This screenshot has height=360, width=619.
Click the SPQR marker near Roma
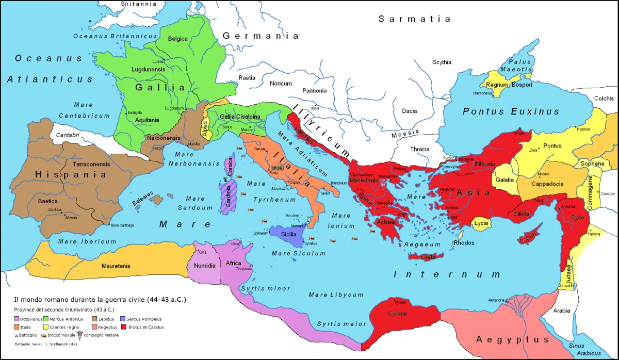click(276, 168)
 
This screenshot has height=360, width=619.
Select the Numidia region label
click(205, 266)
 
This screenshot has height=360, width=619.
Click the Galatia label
click(504, 180)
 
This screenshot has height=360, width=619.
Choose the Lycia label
click(480, 223)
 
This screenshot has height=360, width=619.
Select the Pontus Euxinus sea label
click(511, 111)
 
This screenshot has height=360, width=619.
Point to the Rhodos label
click(463, 243)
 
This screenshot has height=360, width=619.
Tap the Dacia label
click(410, 110)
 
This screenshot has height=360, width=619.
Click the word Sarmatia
click(414, 19)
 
